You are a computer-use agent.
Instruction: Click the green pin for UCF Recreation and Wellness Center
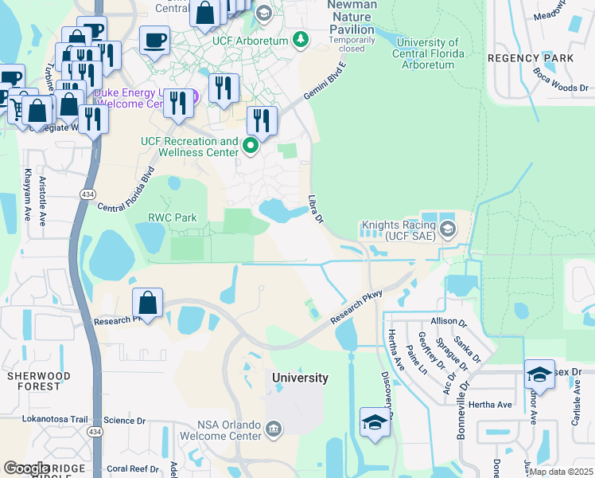click(x=251, y=145)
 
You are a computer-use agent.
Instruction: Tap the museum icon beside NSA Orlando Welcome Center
click(x=273, y=430)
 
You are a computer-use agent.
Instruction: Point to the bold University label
click(x=300, y=378)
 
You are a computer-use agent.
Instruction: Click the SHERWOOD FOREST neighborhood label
click(x=38, y=381)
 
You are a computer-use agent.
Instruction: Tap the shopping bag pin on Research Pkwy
click(x=148, y=303)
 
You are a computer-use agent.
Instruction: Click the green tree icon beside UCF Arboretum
click(x=300, y=38)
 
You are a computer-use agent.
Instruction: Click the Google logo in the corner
click(x=27, y=468)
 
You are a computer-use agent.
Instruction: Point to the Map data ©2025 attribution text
click(x=561, y=472)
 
